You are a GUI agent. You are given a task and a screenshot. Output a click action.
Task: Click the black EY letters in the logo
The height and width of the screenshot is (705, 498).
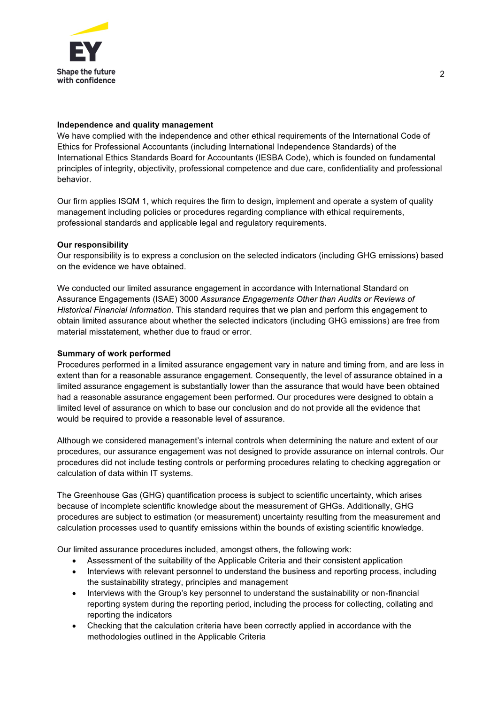coord(86,52)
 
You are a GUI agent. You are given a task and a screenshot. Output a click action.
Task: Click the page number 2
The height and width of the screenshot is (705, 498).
coord(442,74)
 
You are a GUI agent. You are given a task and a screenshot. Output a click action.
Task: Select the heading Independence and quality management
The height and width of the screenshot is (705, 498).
coord(135,125)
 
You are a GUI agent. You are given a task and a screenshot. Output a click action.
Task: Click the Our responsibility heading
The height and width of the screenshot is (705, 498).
coord(92,245)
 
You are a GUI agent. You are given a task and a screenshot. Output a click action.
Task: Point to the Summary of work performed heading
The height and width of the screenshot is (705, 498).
coord(114,353)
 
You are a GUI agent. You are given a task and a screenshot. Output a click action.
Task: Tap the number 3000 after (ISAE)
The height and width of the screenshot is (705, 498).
coord(189,299)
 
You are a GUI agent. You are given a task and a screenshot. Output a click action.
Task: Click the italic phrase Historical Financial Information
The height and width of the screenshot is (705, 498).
coord(114,310)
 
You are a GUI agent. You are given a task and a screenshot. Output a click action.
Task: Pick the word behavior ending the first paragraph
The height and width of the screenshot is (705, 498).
coord(73,179)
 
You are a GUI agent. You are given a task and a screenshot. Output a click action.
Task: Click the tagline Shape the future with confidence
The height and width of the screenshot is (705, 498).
coord(86,76)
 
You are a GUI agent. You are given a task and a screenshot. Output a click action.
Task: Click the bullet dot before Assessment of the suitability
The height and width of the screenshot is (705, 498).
coord(74,561)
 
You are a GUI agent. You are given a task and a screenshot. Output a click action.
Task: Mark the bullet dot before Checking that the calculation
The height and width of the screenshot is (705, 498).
coord(74,626)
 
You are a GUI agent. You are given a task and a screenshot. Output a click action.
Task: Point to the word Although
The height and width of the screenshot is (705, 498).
coord(73,440)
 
